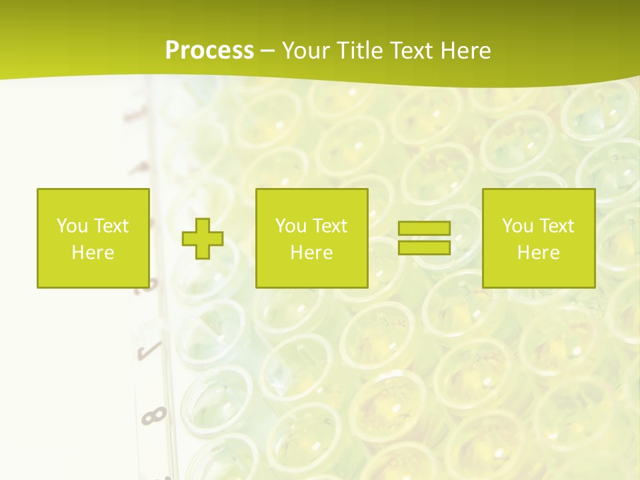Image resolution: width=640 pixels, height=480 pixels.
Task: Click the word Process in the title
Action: (209, 51)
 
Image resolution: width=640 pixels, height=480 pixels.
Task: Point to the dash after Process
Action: (267, 51)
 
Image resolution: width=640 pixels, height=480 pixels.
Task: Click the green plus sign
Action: (203, 238)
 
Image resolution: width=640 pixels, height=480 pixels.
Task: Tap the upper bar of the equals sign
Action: (424, 229)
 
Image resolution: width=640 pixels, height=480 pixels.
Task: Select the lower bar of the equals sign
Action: (424, 247)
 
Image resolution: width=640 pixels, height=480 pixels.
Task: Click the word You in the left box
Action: (72, 226)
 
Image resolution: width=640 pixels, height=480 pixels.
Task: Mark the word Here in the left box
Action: (93, 253)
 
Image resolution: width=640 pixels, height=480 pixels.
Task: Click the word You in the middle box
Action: (291, 226)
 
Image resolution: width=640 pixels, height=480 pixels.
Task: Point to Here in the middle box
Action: (311, 253)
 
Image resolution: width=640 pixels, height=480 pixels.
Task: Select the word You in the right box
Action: (517, 226)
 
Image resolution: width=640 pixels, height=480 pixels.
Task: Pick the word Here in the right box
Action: (538, 253)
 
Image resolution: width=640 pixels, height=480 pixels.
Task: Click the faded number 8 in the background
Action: (154, 417)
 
